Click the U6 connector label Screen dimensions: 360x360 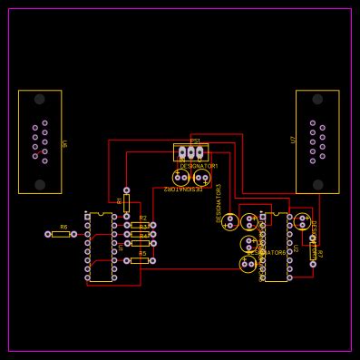[63, 143]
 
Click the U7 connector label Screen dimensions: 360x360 [293, 140]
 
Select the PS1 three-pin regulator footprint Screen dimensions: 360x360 [190, 152]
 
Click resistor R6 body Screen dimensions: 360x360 [61, 234]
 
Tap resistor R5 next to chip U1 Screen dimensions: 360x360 [139, 260]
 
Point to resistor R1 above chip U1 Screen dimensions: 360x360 [126, 202]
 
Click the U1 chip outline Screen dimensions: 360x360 [101, 247]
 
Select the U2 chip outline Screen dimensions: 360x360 [276, 247]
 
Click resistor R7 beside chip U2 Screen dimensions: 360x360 [313, 251]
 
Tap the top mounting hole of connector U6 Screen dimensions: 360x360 [39, 99]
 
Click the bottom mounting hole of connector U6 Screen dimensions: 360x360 [39, 184]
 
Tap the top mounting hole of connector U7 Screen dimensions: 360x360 [317, 99]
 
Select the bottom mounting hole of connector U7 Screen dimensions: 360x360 [317, 184]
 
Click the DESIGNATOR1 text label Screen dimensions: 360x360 [199, 166]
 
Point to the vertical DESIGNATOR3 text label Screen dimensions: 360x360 [219, 202]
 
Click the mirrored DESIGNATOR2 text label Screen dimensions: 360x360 [183, 190]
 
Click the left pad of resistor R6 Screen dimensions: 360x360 [48, 234]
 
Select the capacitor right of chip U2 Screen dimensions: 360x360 [302, 221]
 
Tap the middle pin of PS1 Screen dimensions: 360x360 [190, 152]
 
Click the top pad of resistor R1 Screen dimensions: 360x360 [126, 190]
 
